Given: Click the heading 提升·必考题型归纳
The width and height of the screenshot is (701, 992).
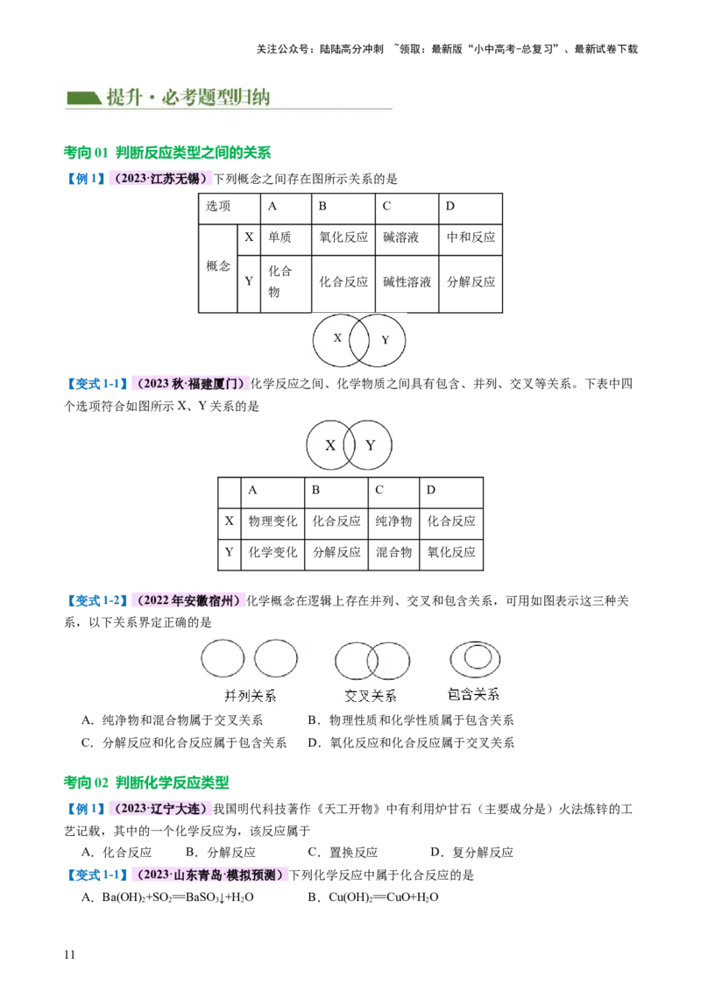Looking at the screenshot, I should click(188, 97).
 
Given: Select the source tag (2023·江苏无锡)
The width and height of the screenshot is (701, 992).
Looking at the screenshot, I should click(161, 179).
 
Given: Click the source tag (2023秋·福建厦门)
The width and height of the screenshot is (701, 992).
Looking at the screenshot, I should click(190, 384).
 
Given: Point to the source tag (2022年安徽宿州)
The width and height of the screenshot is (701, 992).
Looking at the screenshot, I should click(188, 600).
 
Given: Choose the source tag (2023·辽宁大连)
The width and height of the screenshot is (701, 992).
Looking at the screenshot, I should click(160, 809).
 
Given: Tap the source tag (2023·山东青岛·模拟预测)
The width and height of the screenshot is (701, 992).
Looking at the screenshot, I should click(209, 874).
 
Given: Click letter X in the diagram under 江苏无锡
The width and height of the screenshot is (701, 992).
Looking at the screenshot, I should click(337, 337).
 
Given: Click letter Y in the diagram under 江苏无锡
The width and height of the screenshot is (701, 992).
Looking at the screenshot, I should click(385, 340).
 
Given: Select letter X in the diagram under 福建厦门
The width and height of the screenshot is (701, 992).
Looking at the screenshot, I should click(330, 445).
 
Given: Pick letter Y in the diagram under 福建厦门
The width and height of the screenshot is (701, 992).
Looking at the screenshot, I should click(371, 445).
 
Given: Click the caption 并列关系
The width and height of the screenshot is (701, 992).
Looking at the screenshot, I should click(250, 696).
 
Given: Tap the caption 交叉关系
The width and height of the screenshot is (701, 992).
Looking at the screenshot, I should click(371, 696).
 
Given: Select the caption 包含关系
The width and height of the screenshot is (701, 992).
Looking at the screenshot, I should click(473, 695).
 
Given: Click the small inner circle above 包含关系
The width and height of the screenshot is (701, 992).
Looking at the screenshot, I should click(477, 657).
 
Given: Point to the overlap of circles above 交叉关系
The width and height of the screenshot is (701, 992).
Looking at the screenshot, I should click(372, 661).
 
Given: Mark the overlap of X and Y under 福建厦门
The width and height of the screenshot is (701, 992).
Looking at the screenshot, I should click(350, 445).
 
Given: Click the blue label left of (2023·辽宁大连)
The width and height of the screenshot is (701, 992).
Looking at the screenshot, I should click(84, 809).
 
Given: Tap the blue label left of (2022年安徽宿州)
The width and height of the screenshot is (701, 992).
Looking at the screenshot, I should click(96, 600).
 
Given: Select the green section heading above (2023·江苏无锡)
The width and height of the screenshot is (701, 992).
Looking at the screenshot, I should click(167, 152).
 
